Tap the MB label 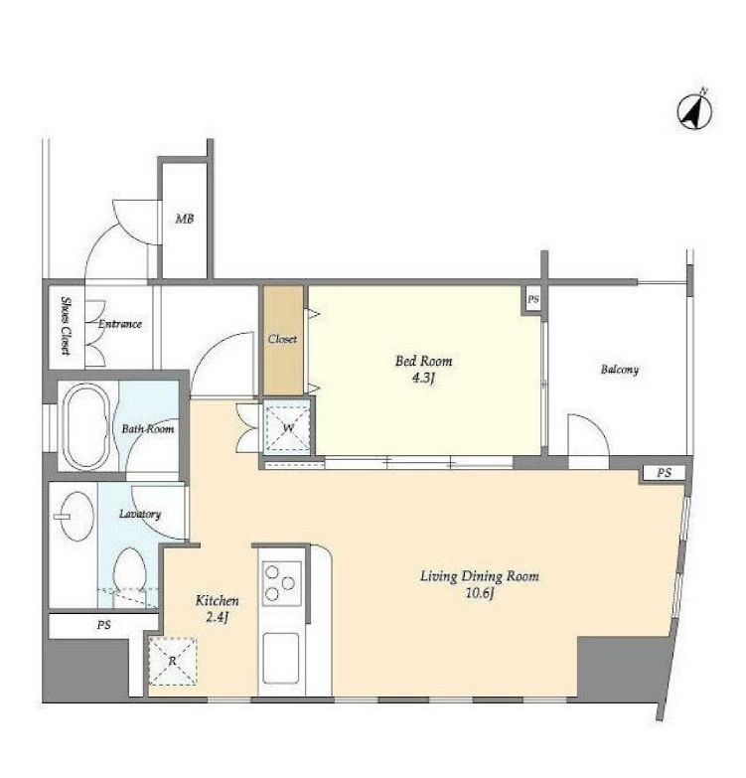(x=185, y=219)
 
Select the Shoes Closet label (x=66, y=326)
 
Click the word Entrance (x=120, y=324)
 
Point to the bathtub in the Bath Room (x=86, y=426)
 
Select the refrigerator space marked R (x=173, y=661)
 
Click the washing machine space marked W (x=289, y=427)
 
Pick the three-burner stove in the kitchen (x=281, y=583)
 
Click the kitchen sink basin (x=281, y=658)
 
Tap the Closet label (x=282, y=340)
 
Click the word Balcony (x=620, y=370)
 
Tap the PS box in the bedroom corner (x=533, y=300)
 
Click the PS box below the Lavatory (x=103, y=625)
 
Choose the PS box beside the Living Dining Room (x=665, y=473)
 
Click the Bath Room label (x=148, y=428)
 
